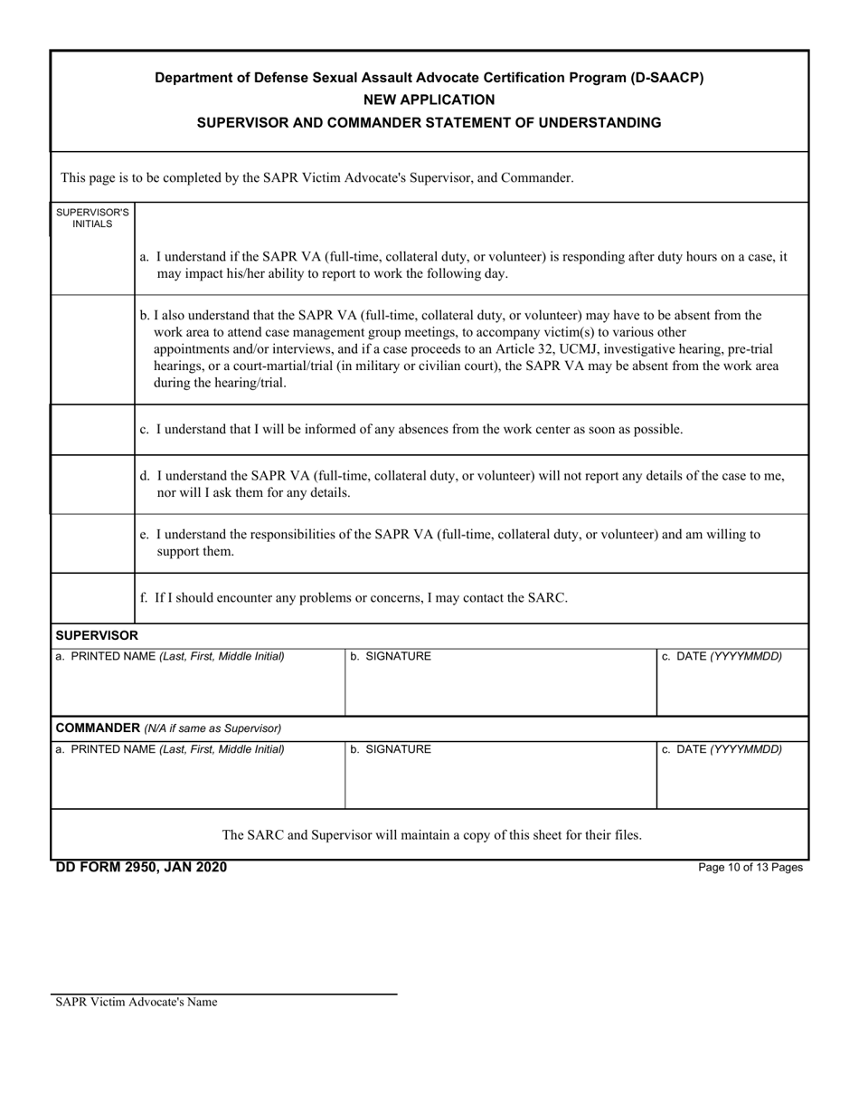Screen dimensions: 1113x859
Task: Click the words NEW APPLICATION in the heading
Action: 429,100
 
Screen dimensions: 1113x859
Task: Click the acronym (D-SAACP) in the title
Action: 666,78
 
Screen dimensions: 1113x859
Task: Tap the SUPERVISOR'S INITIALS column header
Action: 92,217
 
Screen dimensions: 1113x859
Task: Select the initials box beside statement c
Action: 92,430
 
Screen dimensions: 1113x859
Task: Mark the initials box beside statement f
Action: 92,598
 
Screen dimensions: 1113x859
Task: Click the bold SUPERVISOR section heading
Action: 97,636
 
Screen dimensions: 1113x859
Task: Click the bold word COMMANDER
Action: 96,728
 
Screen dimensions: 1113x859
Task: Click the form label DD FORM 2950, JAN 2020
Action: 141,868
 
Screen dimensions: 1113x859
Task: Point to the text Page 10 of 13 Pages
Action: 750,868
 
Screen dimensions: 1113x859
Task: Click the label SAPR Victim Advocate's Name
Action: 136,1003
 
